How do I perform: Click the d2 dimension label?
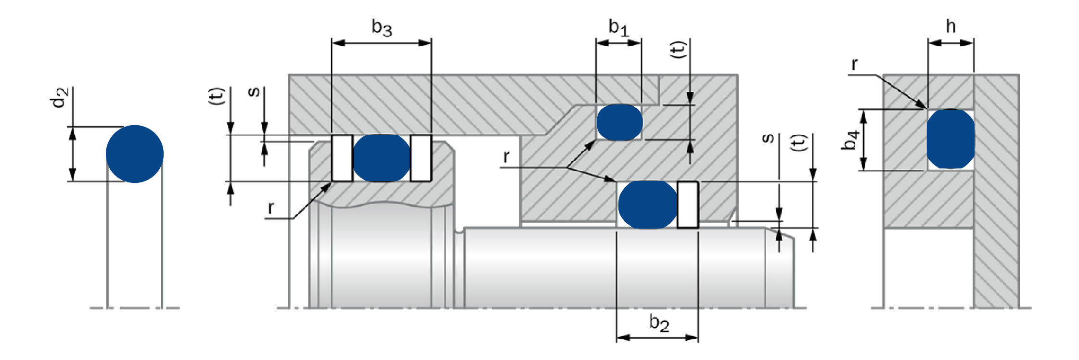[59, 98]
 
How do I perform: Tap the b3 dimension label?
[382, 27]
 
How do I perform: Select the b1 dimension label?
[618, 27]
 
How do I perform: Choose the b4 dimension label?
[850, 140]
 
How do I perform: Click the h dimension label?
[951, 26]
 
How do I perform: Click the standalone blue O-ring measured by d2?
[135, 154]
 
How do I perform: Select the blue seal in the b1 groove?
[619, 122]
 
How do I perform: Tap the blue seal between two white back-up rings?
[382, 158]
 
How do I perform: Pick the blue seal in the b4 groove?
[951, 139]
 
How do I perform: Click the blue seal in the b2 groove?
[647, 205]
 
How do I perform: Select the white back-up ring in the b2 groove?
[688, 205]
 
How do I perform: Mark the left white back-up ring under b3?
[342, 158]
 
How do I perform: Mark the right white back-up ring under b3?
[421, 158]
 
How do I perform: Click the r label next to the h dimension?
[855, 64]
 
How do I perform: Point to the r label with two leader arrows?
[506, 157]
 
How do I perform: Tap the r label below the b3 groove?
[271, 208]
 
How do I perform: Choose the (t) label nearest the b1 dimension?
[678, 50]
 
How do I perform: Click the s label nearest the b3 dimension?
[254, 92]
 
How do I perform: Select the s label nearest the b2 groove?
[768, 139]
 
